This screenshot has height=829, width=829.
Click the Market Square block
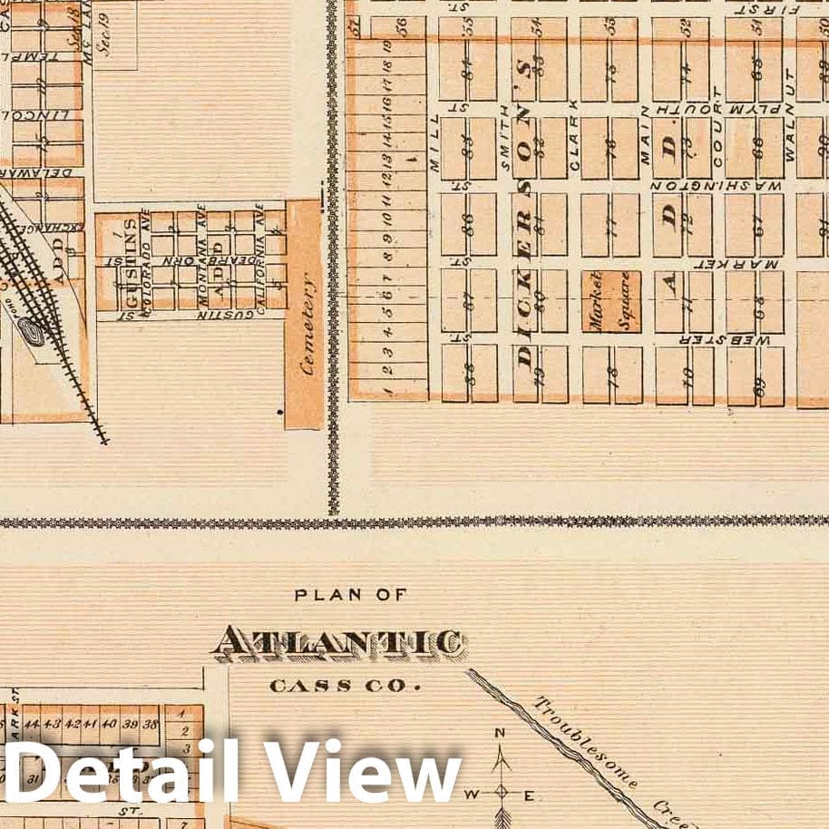tap(610, 300)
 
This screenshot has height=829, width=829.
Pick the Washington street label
tap(717, 185)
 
